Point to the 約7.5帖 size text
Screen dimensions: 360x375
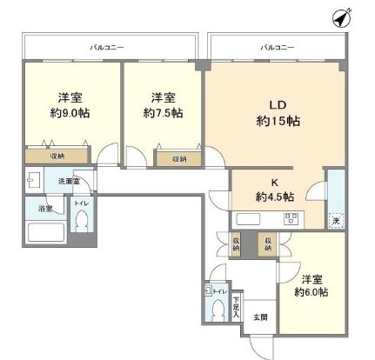coord(164,113)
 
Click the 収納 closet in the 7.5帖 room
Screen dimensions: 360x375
coord(177,159)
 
